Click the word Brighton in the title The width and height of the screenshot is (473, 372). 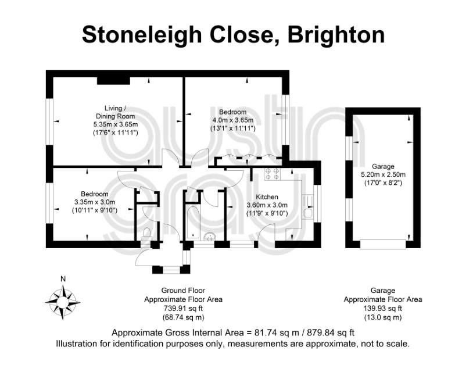coord(336,35)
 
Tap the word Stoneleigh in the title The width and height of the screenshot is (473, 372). coord(142,35)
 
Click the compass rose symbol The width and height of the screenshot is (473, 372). coord(63,302)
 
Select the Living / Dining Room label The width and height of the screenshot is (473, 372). coord(115,112)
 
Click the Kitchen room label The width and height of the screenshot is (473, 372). coord(267,197)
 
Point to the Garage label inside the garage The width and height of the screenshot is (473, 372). coord(383,166)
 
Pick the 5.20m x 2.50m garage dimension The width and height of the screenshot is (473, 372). coord(383,174)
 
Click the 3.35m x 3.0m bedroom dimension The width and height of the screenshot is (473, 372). coord(94,202)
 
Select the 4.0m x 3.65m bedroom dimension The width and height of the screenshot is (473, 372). coord(233,120)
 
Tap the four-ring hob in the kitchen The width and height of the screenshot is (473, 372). coord(272,174)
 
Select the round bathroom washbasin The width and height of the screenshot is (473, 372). coord(210,236)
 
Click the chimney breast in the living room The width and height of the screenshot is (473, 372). coord(113,81)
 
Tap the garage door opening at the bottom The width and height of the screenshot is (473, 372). coord(383,244)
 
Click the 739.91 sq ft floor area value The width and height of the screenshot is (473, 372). coord(183,308)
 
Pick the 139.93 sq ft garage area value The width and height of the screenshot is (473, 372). coord(383,308)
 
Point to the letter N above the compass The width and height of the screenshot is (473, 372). coord(63,279)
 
